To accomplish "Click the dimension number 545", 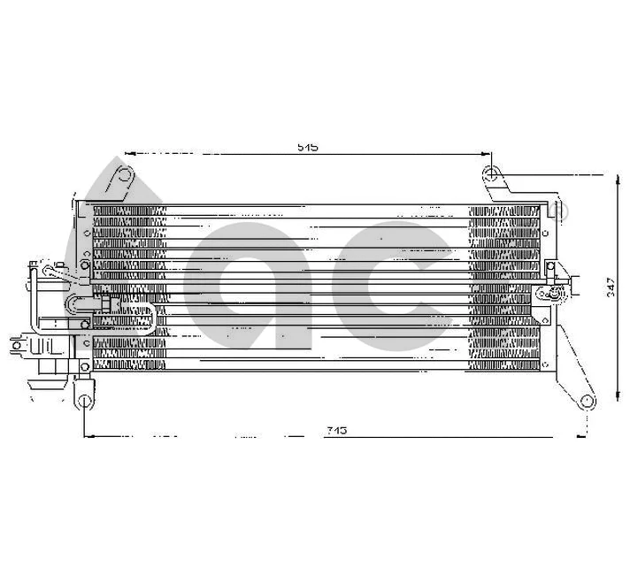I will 307,148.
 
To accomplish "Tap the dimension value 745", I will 335,430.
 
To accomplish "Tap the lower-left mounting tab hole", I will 83,401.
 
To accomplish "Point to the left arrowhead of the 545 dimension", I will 129,153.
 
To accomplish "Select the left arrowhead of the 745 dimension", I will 86,436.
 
